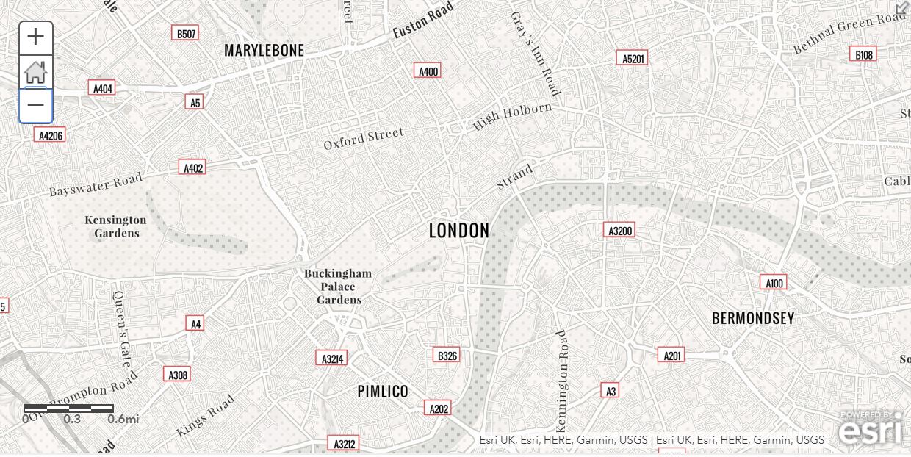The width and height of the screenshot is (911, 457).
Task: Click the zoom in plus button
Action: [35, 37]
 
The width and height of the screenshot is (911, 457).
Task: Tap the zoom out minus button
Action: [35, 105]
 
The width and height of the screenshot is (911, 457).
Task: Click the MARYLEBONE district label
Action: [264, 50]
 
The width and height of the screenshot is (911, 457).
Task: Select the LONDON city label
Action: [458, 231]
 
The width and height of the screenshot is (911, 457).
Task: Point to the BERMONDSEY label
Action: [753, 318]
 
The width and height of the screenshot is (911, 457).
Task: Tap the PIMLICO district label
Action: [383, 392]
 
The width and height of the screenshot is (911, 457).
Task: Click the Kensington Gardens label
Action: [115, 226]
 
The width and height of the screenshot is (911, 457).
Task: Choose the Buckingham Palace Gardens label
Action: [338, 287]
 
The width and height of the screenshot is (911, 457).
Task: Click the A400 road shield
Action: [428, 71]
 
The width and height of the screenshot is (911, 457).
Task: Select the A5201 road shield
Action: [632, 58]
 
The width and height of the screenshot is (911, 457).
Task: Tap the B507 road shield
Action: [185, 33]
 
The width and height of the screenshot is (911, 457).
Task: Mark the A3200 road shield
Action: [619, 231]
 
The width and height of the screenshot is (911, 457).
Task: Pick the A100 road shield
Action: [774, 283]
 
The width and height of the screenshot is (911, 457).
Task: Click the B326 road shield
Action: [447, 356]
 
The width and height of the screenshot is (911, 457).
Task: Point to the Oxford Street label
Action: [364, 138]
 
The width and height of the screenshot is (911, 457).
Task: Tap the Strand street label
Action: [514, 178]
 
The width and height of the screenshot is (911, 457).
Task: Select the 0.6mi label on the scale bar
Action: [123, 419]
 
